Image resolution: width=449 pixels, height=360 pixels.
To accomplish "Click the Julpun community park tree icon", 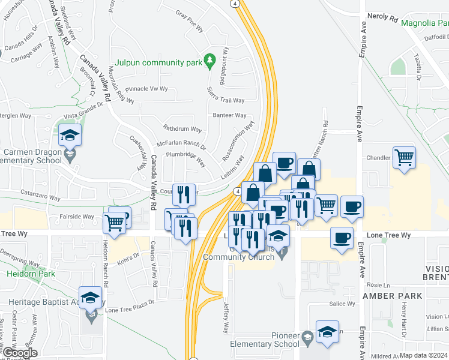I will [x=209, y=60].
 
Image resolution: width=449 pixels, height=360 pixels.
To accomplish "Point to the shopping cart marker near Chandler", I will [x=404, y=158].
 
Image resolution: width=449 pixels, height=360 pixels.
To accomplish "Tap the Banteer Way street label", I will [x=229, y=115].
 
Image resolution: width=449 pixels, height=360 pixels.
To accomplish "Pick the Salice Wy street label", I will [x=343, y=304].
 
